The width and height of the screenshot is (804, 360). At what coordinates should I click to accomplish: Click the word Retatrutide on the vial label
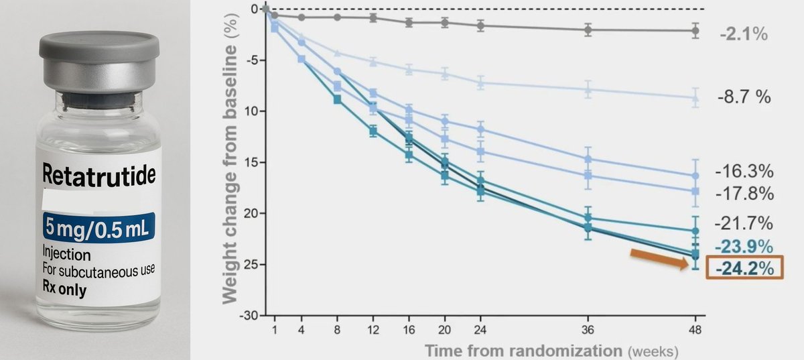click(98, 176)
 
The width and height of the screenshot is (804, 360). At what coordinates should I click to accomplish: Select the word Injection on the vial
click(67, 255)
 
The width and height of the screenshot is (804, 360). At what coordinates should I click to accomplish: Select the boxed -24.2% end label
click(744, 267)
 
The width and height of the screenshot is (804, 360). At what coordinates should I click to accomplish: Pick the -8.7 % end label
click(743, 97)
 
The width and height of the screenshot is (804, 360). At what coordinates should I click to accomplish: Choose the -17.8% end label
click(744, 194)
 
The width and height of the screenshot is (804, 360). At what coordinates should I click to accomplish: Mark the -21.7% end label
click(744, 223)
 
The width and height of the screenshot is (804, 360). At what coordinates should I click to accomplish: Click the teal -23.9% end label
click(744, 245)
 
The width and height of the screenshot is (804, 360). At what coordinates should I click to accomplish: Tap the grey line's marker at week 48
click(695, 31)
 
